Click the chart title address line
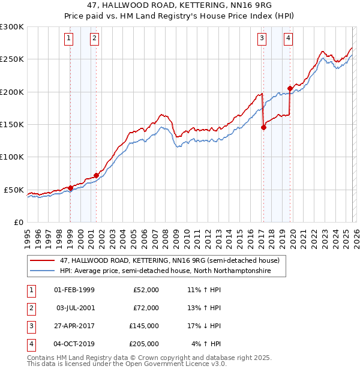pos(180,5)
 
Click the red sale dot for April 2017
pos(263,127)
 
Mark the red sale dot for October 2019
pos(290,89)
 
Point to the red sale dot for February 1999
pos(70,188)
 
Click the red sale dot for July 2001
pos(96,175)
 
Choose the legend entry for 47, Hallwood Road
pos(169,260)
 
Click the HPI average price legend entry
pos(165,271)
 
